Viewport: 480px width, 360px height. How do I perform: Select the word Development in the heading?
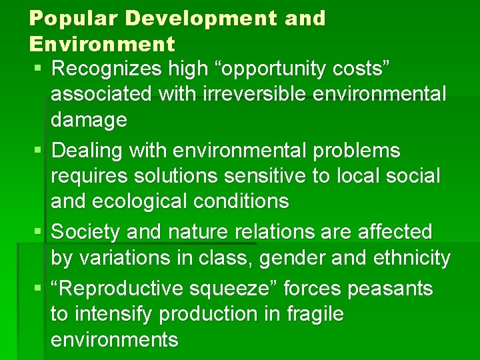coord(200,19)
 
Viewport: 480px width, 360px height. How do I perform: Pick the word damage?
coord(89,120)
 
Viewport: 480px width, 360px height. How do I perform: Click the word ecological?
coord(150,201)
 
